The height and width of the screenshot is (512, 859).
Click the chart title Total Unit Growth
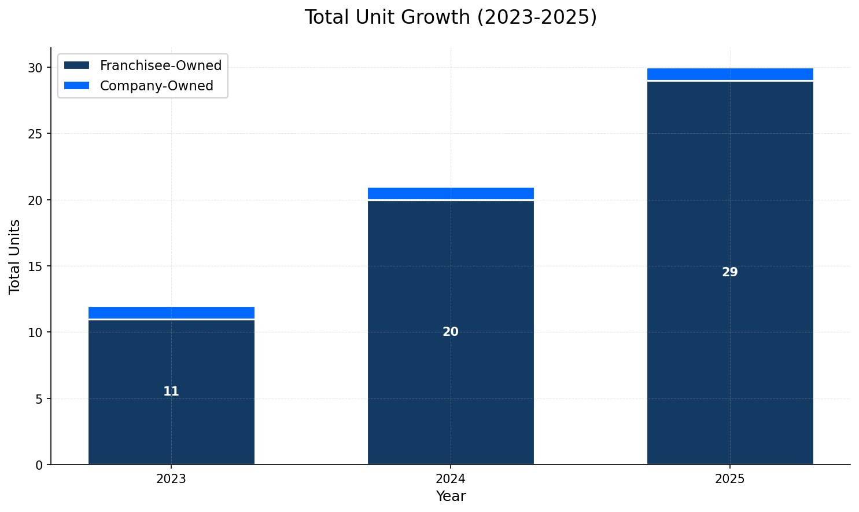(450, 17)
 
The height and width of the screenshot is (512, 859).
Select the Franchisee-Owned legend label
(160, 65)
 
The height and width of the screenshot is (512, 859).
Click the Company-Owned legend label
(156, 86)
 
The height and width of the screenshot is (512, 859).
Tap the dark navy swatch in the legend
(76, 65)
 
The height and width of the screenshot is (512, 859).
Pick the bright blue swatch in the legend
(76, 86)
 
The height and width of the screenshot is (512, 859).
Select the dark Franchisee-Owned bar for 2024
(451, 394)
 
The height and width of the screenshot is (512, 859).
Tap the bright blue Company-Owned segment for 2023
(171, 313)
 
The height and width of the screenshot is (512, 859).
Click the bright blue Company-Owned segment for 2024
(451, 193)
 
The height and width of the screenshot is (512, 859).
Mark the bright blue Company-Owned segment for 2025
(730, 74)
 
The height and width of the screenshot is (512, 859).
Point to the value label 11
(171, 392)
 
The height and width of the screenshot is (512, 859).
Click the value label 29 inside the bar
(730, 273)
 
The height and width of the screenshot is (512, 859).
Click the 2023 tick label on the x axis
(171, 480)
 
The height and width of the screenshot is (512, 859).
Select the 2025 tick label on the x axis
(730, 480)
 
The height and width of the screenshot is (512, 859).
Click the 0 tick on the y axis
(39, 465)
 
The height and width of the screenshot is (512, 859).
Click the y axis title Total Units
(15, 256)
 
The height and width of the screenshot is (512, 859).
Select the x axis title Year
(451, 497)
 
